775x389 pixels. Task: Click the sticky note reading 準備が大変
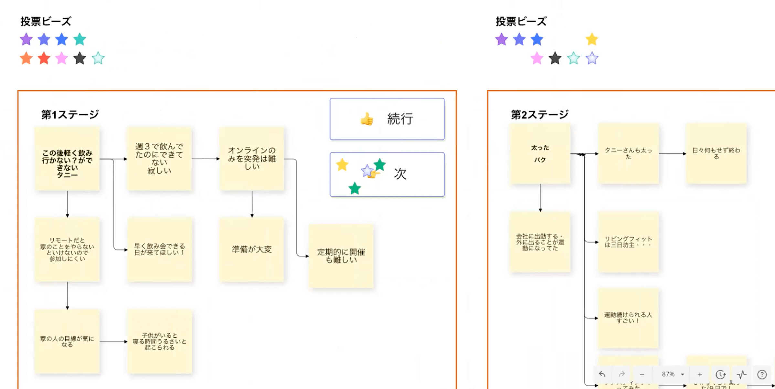pos(252,249)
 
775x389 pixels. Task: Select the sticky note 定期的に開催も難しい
pos(341,256)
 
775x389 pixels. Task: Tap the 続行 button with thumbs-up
pos(387,119)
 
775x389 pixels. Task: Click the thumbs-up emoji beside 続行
pos(367,119)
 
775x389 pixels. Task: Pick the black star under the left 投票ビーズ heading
pos(80,58)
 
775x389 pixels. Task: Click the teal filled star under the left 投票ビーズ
pos(80,39)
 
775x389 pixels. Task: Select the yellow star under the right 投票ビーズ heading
pos(591,39)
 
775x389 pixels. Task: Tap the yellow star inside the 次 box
pos(342,165)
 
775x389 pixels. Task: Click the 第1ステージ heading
pos(70,114)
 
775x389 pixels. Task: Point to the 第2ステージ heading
pos(539,114)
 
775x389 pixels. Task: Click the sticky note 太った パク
pos(540,154)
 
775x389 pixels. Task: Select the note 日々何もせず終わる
pos(716,154)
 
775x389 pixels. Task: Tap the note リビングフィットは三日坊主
pos(628,242)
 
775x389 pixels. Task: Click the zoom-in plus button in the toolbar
pos(700,374)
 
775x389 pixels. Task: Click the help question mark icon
pos(762,374)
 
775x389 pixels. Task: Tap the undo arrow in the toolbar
pos(602,374)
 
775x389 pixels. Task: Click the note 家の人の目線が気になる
pos(67,342)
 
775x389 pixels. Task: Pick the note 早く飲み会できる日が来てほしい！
pos(159,249)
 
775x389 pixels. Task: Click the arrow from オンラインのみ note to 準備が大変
pos(252,204)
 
